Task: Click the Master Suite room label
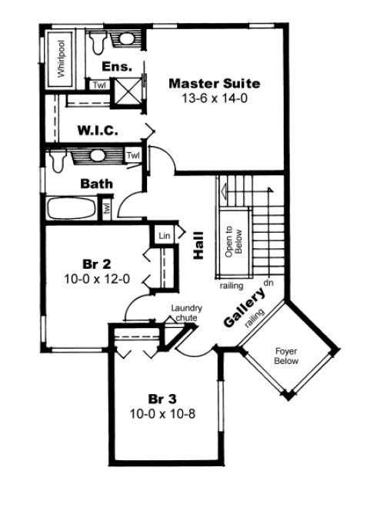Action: pos(214,83)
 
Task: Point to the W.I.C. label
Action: pos(97,131)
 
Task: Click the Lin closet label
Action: pos(163,236)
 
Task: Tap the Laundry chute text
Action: pos(186,311)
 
